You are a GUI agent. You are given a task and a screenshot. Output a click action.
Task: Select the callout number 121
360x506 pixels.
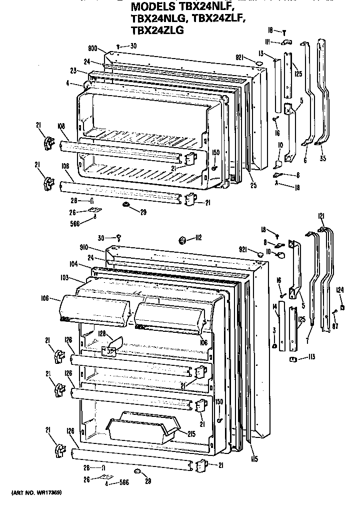[321, 216]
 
